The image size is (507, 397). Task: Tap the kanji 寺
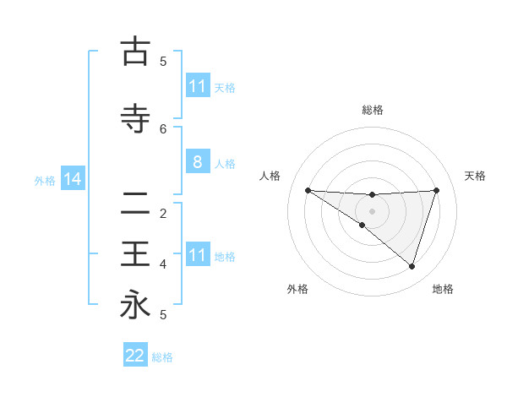click(x=134, y=119)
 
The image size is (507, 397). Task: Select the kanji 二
click(x=134, y=203)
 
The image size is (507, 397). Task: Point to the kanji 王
click(x=134, y=253)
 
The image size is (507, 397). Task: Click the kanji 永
click(x=134, y=304)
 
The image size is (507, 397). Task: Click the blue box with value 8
click(x=197, y=162)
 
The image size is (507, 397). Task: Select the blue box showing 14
click(x=71, y=179)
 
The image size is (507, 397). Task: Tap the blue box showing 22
click(x=135, y=356)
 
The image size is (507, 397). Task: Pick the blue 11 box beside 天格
click(x=197, y=86)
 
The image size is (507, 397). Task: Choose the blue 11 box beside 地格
click(x=197, y=255)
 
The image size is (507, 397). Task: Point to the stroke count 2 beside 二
click(x=163, y=213)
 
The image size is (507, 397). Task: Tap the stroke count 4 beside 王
click(x=163, y=264)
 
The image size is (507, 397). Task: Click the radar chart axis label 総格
click(x=372, y=110)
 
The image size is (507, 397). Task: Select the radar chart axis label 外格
click(x=297, y=289)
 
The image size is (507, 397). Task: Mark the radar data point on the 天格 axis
click(x=436, y=190)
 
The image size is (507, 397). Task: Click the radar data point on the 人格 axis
click(x=308, y=190)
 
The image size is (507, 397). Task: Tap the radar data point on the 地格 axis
click(x=412, y=266)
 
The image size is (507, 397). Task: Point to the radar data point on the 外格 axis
click(x=362, y=225)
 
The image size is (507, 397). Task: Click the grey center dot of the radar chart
click(x=372, y=211)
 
